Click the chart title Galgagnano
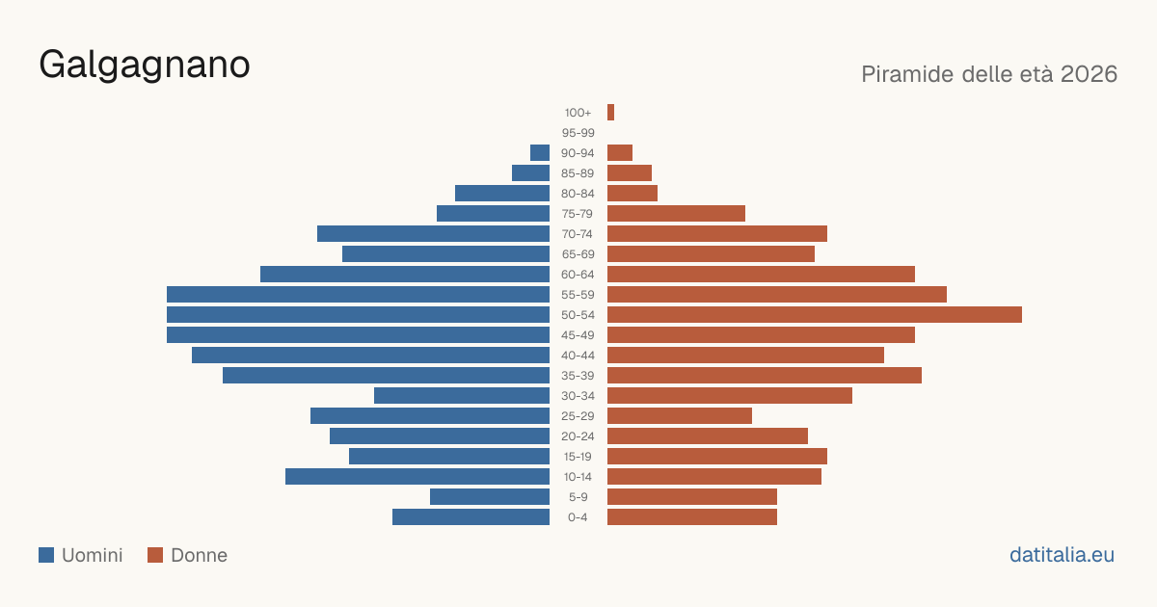[145, 66]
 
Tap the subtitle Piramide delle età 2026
[989, 74]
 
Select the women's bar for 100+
[610, 113]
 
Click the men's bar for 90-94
[540, 153]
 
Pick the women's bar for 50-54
[815, 315]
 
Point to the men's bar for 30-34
[462, 396]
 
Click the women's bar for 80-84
[632, 194]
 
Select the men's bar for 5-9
[490, 497]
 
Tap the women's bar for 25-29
[680, 416]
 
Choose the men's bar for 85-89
[530, 173]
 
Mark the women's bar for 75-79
[676, 214]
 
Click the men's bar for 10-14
[417, 477]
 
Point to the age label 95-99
[578, 133]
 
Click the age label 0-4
[578, 517]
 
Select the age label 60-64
[578, 275]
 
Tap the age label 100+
[578, 113]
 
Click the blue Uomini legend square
[46, 555]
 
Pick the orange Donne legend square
[155, 555]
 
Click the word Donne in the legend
[200, 555]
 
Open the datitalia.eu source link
[1062, 555]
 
